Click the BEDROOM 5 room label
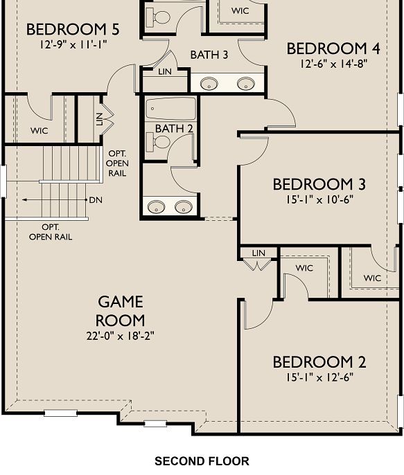tap(73, 30)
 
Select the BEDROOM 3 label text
tap(319, 185)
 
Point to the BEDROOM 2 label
tap(319, 362)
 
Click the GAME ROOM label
tap(121, 311)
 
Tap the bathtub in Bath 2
tap(170, 109)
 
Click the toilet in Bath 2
tap(162, 142)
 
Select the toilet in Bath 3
tap(162, 17)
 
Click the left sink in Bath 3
tap(209, 84)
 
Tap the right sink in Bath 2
tap(183, 206)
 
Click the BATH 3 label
tap(210, 55)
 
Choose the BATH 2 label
tap(174, 129)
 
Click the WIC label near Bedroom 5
tap(39, 130)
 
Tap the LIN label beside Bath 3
tap(164, 72)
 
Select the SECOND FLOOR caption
tap(202, 461)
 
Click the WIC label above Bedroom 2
tap(304, 268)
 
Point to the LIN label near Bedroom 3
tap(259, 253)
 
